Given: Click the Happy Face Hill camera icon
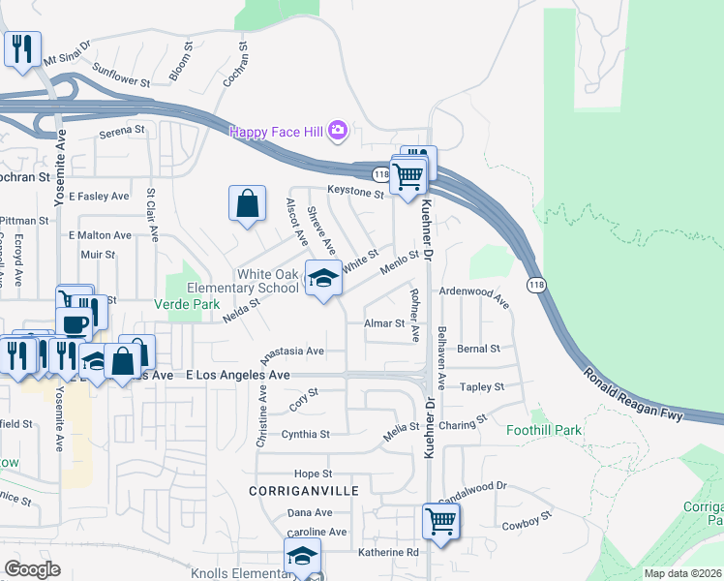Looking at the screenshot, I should [338, 130].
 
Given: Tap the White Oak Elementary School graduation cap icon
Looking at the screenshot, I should [323, 278].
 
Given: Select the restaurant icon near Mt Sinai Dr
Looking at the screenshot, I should [22, 47].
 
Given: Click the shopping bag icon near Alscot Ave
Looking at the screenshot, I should [248, 203].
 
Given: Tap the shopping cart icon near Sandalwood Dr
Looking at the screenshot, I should [440, 521].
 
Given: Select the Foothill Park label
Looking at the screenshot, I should [543, 430].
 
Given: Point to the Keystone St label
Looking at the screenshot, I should [355, 192].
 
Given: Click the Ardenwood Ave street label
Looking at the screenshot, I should [474, 295].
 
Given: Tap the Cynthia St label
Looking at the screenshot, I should [305, 434].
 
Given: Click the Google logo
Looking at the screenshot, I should [32, 569].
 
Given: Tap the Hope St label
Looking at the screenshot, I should [313, 474].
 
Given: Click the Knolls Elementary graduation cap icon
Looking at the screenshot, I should [302, 557].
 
